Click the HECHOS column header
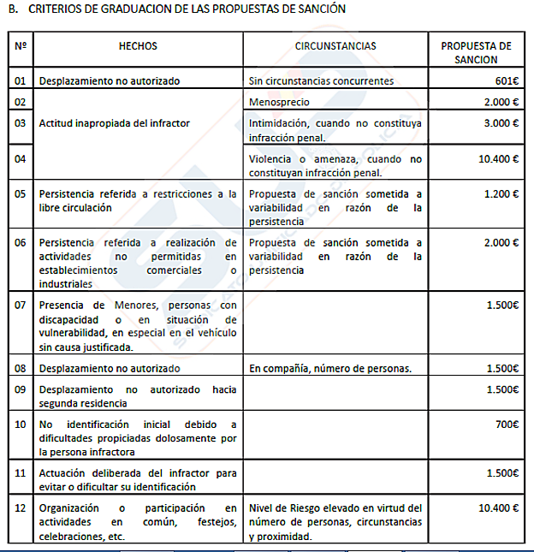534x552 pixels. [x=138, y=46]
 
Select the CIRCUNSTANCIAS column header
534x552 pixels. [x=335, y=46]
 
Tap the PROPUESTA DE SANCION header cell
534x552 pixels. [x=476, y=53]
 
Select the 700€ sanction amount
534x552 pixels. [x=506, y=424]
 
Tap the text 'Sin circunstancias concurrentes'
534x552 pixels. [x=321, y=81]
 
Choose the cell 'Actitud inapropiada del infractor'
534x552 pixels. [x=115, y=123]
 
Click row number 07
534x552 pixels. [x=21, y=305]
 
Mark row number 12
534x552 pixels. [x=21, y=507]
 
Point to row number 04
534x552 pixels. [x=21, y=159]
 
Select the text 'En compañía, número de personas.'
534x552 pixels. [x=330, y=369]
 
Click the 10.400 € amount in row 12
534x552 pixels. [x=498, y=507]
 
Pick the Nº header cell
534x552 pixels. [x=21, y=46]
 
